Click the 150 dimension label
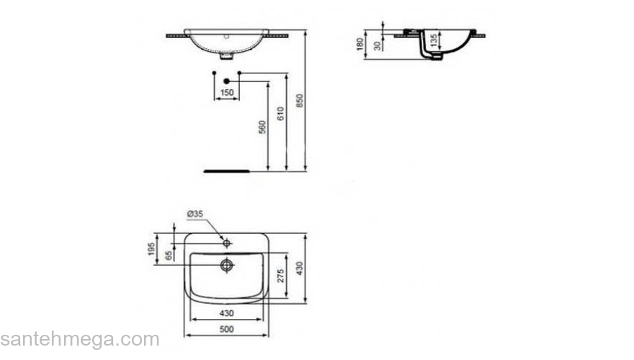pos(226,93)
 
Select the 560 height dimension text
pos(263,127)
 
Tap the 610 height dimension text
pos(282,113)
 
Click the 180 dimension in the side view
pos(360,45)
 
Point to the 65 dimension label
pos(169,256)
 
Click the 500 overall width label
pos(227,329)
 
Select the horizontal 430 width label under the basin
pos(227,314)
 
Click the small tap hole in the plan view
pos(226,243)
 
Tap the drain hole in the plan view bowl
pos(227,265)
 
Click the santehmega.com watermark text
pos(79,340)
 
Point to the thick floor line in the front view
pos(226,171)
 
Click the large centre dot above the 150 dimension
pos(226,81)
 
